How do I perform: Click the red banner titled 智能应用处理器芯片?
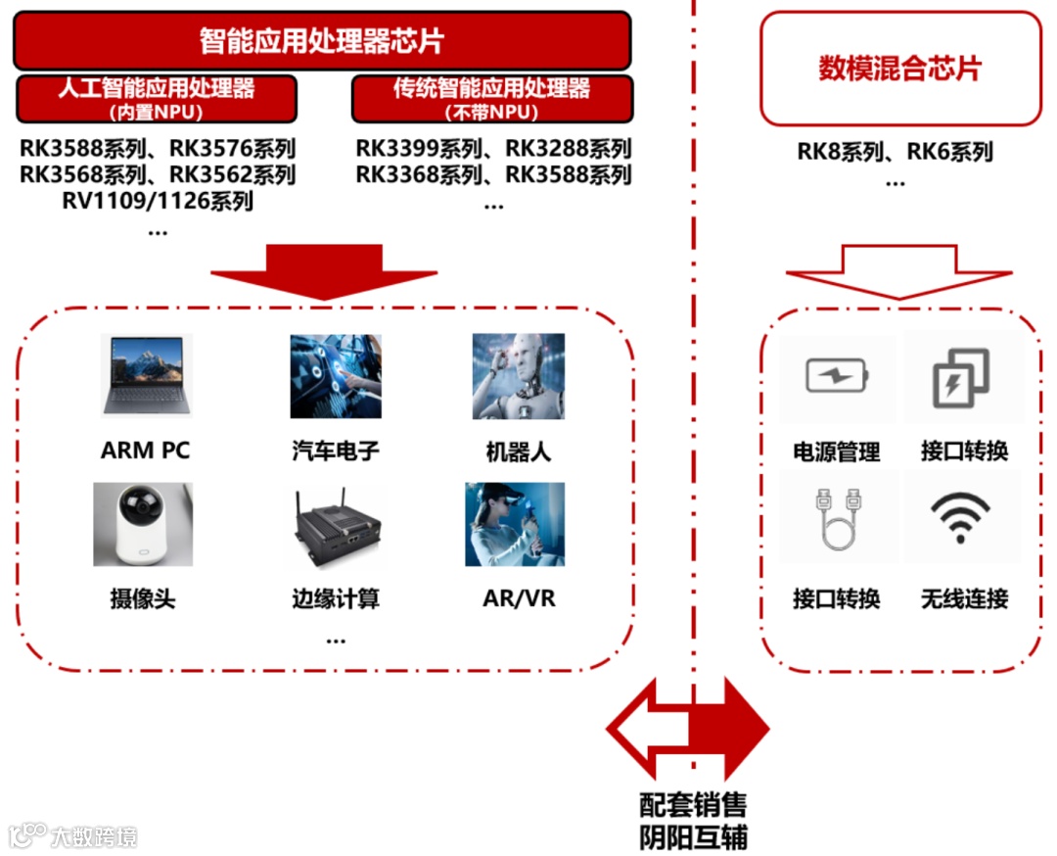point(322,40)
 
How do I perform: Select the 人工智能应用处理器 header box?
point(157,98)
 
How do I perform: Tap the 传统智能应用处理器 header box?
point(491,98)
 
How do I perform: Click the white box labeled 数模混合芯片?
point(899,69)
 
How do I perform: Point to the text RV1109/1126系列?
point(157,202)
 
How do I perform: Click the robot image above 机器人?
point(518,376)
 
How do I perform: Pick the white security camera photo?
point(143,524)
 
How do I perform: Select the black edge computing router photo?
point(335,530)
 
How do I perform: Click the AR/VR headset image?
point(514,524)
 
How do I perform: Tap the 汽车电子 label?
point(335,452)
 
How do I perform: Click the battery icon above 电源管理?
point(837,377)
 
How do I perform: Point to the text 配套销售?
point(693,805)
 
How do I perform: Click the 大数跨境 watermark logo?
point(72,835)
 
